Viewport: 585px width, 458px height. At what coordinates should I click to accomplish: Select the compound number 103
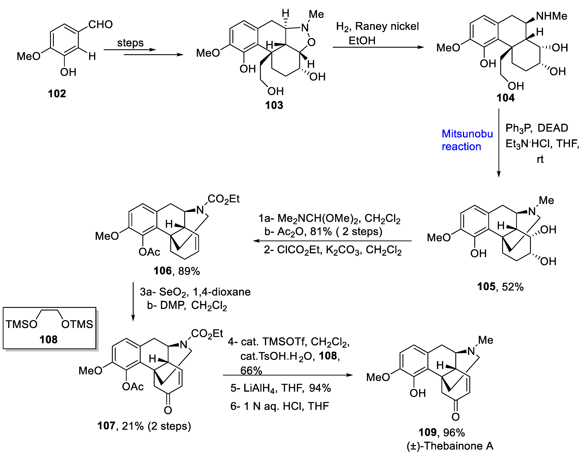pos(274,105)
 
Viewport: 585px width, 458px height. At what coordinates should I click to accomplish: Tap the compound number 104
pos(505,98)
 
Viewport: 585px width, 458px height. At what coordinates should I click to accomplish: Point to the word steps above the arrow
pos(130,43)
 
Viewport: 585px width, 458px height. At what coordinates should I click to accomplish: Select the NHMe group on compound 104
pos(551,16)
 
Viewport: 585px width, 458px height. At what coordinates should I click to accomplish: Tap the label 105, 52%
pos(500,287)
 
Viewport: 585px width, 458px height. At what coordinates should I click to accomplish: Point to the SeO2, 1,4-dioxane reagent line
pos(195,292)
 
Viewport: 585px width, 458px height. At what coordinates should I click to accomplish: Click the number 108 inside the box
pos(49,339)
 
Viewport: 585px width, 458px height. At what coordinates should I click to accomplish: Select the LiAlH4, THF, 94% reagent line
pos(280,388)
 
